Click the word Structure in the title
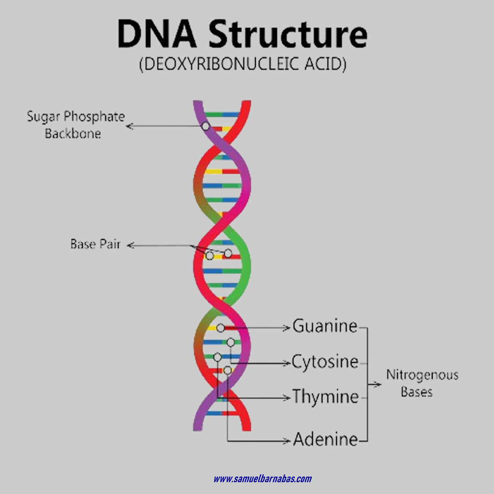pos(287,34)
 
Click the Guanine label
pos(325,326)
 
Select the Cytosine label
pos(325,362)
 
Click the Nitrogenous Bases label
pos(422,383)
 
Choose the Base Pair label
pos(95,244)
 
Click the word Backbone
pos(73,133)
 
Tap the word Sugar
pos(43,117)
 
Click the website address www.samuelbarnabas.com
pos(262,479)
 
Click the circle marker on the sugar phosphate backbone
pos(205,126)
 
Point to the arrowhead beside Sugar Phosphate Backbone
pos(129,127)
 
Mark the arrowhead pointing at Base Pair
pos(130,245)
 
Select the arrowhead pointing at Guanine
pos(288,327)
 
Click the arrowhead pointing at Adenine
pos(288,440)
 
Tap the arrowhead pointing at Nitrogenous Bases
pos(378,385)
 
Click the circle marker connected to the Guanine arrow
pos(220,328)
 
